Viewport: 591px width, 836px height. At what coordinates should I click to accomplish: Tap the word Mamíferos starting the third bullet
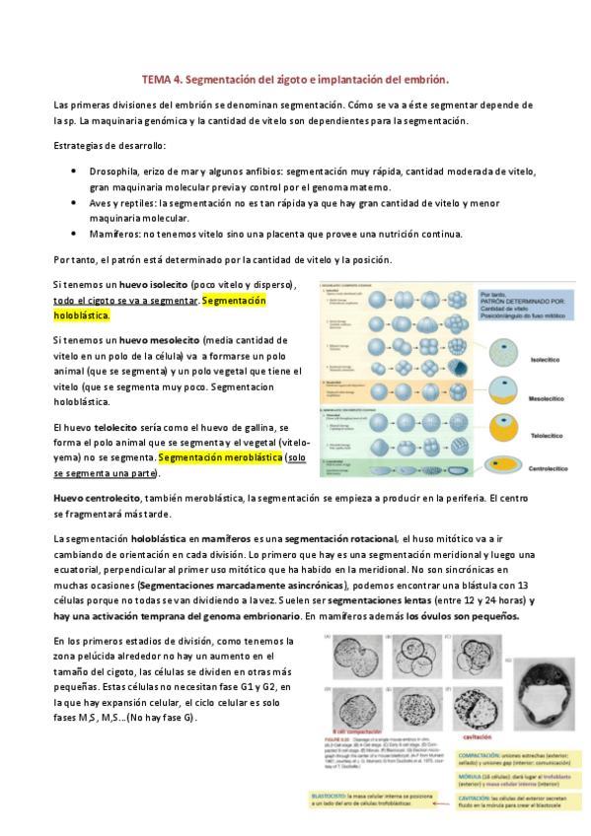tap(116, 234)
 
